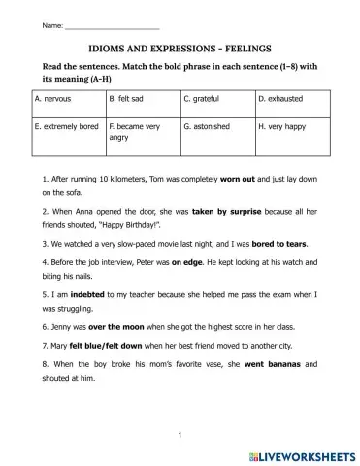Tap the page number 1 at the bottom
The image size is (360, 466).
click(x=180, y=436)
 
